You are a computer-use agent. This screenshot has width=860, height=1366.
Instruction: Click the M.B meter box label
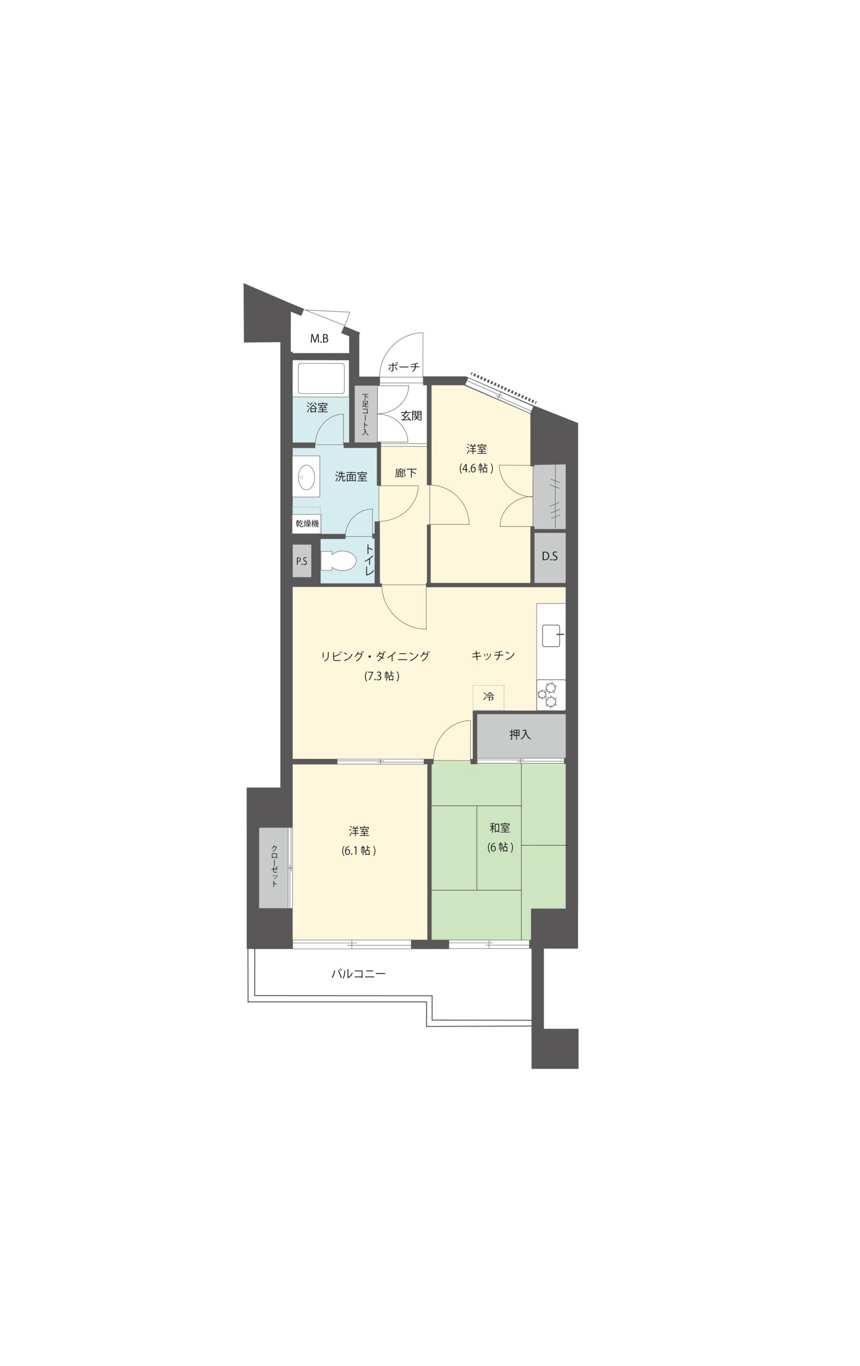point(319,339)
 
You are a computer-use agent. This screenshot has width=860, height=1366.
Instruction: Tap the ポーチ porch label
point(404,367)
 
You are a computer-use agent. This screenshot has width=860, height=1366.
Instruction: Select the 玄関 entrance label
point(411,416)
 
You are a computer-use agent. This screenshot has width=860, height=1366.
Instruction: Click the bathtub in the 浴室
point(321,378)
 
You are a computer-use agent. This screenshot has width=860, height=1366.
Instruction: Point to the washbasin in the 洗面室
point(306,477)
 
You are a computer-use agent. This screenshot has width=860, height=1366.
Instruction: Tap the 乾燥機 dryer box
point(307,523)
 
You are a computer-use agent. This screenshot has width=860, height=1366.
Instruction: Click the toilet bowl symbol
point(338,561)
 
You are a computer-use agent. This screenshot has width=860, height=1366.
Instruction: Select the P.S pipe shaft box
point(302,561)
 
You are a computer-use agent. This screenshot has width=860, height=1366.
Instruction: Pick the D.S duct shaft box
point(549,557)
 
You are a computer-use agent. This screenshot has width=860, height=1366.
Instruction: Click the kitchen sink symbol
point(551,636)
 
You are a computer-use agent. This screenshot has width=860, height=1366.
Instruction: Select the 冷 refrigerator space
point(488,697)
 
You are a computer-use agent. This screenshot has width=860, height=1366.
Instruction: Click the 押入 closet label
point(519,735)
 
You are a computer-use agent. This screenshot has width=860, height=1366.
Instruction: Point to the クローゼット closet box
point(275,868)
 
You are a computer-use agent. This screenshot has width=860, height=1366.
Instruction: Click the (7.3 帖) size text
point(382,676)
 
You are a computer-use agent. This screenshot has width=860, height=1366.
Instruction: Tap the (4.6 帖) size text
point(476,468)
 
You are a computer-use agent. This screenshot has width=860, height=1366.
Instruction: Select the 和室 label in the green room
point(500,828)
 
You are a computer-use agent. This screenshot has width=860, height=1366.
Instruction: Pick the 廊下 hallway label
point(405,473)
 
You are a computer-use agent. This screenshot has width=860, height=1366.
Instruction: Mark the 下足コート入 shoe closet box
point(366,414)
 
